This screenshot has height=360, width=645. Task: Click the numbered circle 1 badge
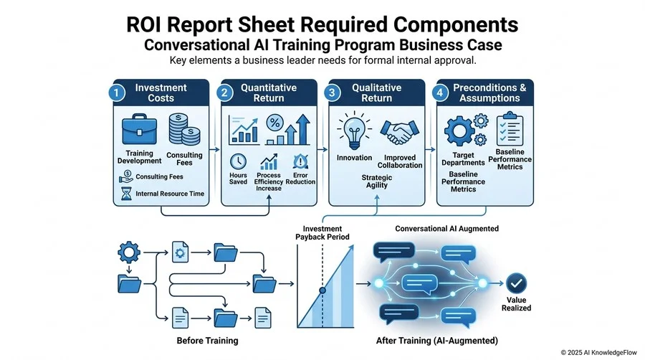[x=116, y=93]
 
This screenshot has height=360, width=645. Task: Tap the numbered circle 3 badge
[x=332, y=93]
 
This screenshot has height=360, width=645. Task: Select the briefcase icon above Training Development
[x=140, y=129]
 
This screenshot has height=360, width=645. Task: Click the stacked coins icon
[x=184, y=130]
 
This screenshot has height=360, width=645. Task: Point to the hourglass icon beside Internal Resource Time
[x=126, y=194]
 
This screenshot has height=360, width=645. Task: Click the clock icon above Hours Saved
[x=238, y=162]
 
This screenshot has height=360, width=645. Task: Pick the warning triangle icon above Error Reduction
[x=301, y=161]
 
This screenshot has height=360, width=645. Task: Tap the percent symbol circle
[x=274, y=122]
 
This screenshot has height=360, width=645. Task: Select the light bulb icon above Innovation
[x=354, y=131]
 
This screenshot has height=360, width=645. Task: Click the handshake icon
[x=399, y=132]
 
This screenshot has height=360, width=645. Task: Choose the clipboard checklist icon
[x=510, y=128]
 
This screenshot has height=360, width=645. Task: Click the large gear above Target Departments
[x=459, y=131]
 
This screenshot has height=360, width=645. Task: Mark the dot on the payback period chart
[x=322, y=290]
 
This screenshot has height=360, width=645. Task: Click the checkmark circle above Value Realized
[x=516, y=283]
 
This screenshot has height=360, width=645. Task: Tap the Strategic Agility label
[x=377, y=181]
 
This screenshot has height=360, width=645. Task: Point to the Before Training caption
[x=207, y=341]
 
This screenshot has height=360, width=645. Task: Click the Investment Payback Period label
[x=322, y=233]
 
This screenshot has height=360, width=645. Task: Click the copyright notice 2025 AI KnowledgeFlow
[x=598, y=353]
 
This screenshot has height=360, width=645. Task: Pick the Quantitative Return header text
[x=269, y=93]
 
